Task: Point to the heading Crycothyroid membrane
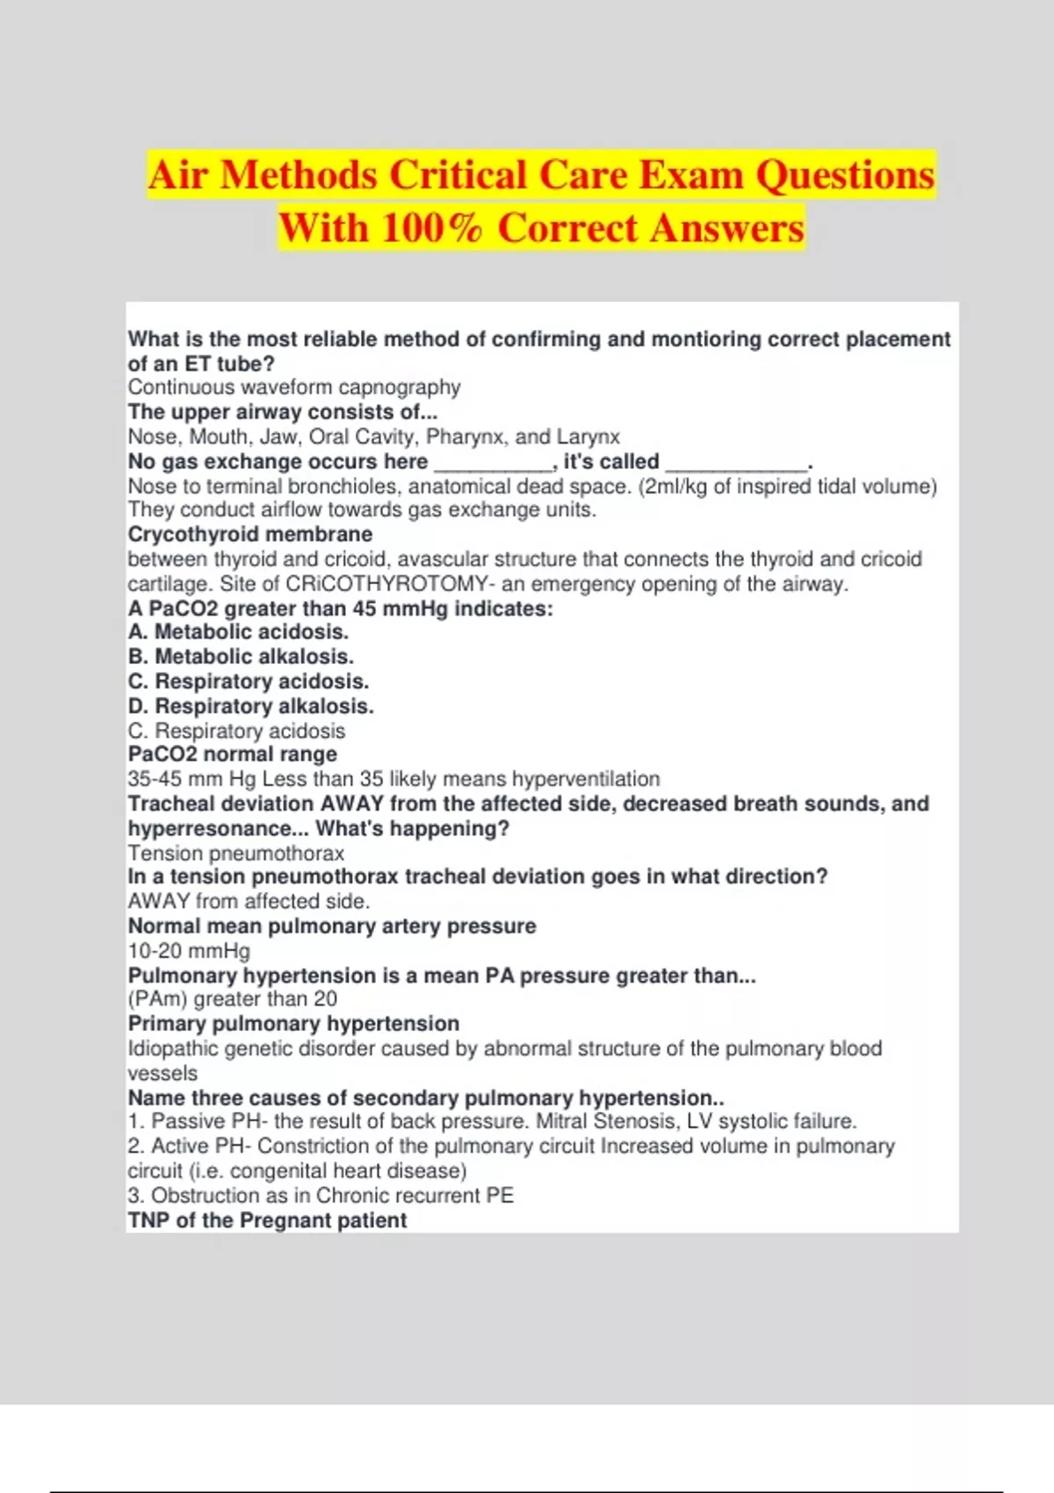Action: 250,534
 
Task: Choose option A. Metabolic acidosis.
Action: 238,631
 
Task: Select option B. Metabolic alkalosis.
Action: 241,656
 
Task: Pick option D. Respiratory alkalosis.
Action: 250,706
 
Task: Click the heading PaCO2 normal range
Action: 232,754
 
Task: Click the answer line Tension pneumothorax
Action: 235,853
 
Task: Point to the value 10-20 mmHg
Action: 189,950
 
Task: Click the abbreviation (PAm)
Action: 157,999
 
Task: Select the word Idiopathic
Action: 172,1049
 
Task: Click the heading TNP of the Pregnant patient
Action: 267,1220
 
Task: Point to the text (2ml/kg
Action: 673,487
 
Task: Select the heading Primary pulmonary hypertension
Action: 293,1023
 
